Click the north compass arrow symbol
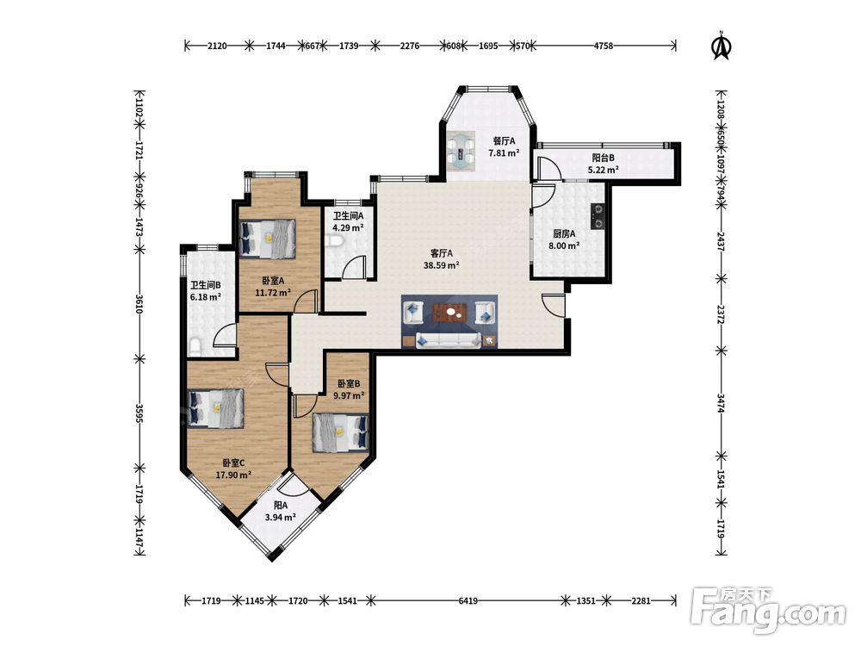coord(722,46)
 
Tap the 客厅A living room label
coord(442,253)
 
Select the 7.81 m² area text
coord(504,153)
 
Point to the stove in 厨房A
coord(598,216)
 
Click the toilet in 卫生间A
coord(332,241)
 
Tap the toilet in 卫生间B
coord(195,346)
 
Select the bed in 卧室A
coord(268,239)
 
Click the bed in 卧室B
coord(340,433)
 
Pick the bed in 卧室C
coord(215,408)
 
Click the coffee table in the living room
coord(450,314)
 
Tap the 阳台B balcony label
coord(603,158)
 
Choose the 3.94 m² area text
coord(281,517)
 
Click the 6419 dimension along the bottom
coord(468,601)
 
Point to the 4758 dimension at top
coord(603,46)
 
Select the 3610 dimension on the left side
coord(139,304)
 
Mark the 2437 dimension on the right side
coord(721,242)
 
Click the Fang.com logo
coord(768,611)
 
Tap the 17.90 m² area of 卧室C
coord(233,475)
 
